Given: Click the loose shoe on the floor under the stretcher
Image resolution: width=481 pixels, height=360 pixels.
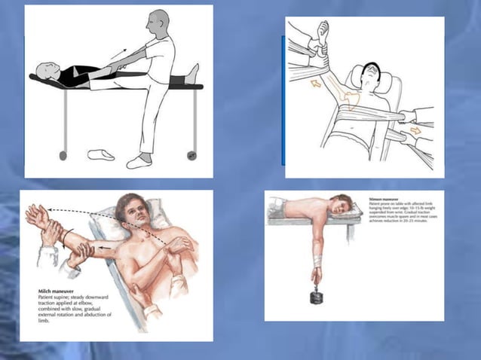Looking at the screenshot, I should pyautogui.click(x=101, y=154).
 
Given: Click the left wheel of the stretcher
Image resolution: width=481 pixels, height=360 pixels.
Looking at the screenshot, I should pyautogui.click(x=63, y=156).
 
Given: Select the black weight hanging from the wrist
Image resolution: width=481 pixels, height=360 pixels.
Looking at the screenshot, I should pyautogui.click(x=316, y=295).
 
